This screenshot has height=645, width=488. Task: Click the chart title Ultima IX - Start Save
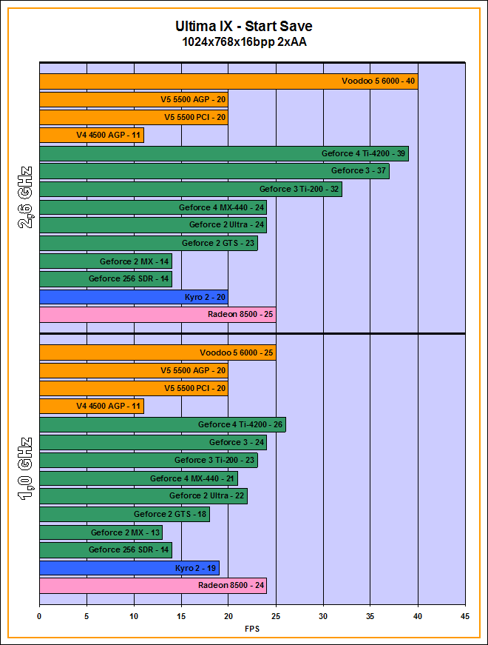[x=244, y=27]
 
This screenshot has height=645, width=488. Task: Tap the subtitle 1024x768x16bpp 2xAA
[x=244, y=42]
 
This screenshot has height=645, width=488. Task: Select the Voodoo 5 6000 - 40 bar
[x=228, y=81]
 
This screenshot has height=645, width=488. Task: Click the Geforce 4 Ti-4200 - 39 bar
[x=223, y=153]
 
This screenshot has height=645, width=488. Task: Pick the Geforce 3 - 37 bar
[x=214, y=171]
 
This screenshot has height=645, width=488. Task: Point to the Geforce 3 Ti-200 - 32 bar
[x=190, y=189]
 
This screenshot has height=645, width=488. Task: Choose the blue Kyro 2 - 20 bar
[x=133, y=297]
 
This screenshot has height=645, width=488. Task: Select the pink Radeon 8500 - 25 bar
[x=157, y=315]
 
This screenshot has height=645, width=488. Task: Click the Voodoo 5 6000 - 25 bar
[x=157, y=352]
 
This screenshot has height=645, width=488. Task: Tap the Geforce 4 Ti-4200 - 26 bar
[x=162, y=424]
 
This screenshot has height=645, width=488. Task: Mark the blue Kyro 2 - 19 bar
[x=129, y=568]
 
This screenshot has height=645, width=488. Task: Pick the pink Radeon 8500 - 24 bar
[x=152, y=586]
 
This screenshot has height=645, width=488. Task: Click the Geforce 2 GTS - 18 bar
[x=124, y=514]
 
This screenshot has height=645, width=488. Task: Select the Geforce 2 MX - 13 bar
[x=101, y=532]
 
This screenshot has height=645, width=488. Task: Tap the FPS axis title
[x=252, y=629]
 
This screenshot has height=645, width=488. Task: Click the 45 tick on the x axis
[x=465, y=615]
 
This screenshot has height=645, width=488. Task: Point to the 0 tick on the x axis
[x=39, y=615]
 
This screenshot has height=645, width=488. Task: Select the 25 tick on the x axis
[x=276, y=615]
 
